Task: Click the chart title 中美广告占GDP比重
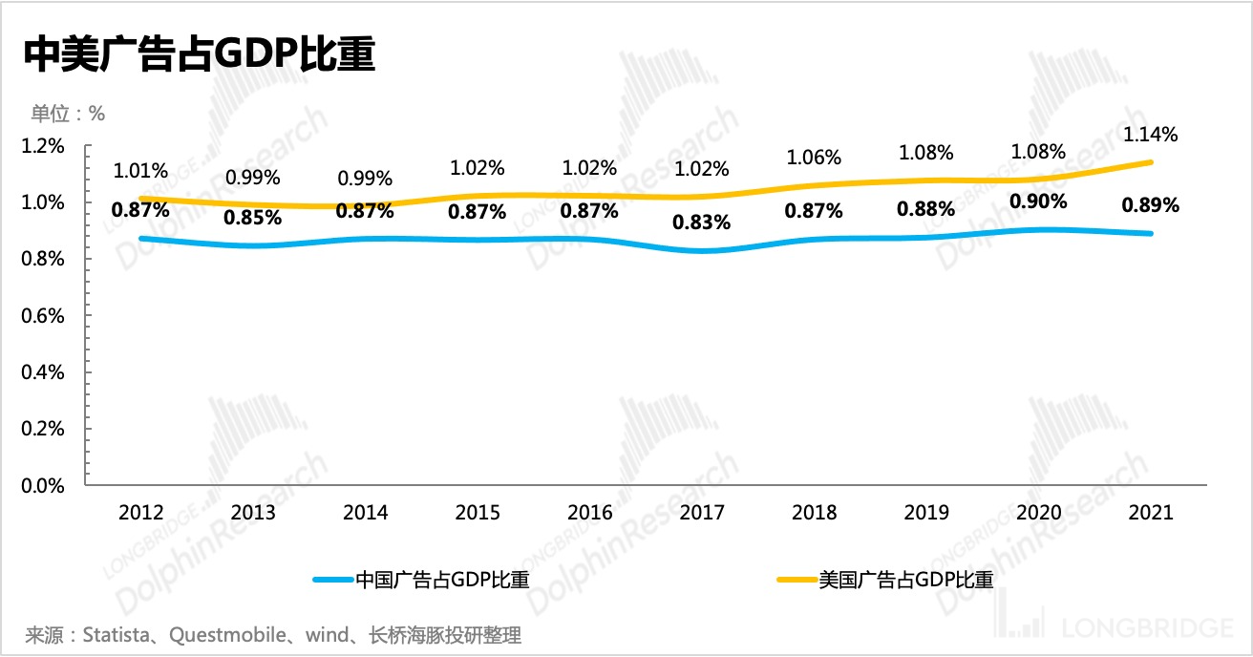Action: click(199, 55)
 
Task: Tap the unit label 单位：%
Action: click(68, 114)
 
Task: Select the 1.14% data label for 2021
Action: click(1151, 135)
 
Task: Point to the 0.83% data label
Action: click(702, 223)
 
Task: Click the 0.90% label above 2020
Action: click(1038, 202)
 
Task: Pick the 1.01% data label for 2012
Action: click(140, 172)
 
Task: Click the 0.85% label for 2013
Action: click(253, 217)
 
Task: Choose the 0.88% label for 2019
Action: click(926, 209)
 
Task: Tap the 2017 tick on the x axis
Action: click(702, 513)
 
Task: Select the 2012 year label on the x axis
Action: click(140, 513)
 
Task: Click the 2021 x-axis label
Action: click(1150, 513)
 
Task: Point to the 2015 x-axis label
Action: click(478, 513)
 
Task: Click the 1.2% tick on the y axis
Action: click(43, 146)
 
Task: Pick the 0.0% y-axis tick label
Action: click(43, 486)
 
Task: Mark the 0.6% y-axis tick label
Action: click(43, 316)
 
